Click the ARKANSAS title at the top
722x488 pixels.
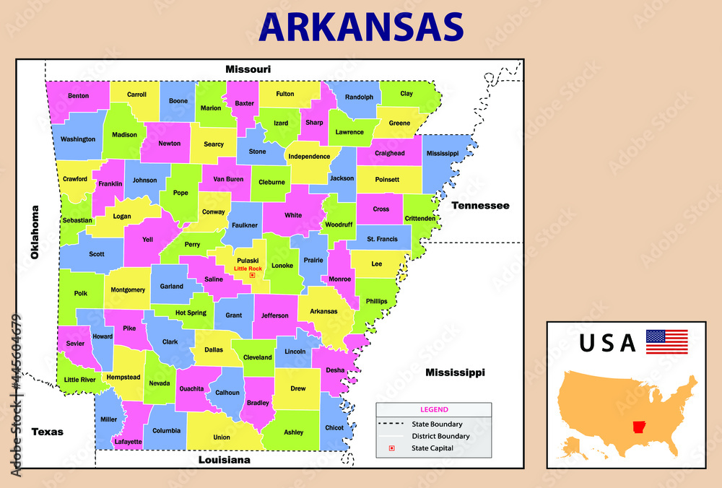[361, 27]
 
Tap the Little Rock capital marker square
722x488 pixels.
[252, 275]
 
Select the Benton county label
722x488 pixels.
[78, 96]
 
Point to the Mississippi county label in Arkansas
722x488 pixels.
[442, 153]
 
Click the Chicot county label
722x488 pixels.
[334, 427]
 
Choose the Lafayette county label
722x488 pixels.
[128, 441]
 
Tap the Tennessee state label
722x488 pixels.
[480, 206]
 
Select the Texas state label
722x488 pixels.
[47, 432]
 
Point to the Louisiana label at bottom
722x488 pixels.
[224, 459]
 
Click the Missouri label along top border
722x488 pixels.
[248, 69]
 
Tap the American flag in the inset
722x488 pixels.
[666, 341]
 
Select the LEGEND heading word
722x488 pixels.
[434, 409]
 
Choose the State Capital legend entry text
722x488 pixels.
[432, 448]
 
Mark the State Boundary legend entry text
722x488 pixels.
[437, 424]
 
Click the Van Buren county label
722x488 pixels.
[225, 179]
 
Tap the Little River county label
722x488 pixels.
[80, 379]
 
